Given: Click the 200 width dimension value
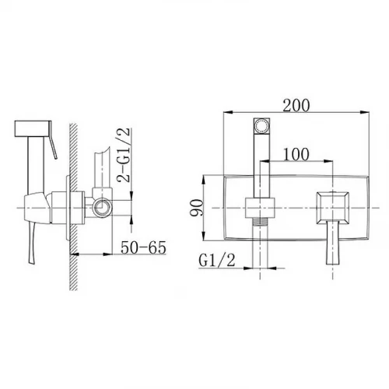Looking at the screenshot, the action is (296, 105).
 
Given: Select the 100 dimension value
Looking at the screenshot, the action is (296, 154).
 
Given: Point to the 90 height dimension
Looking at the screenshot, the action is (196, 208).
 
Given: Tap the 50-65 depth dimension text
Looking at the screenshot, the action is (143, 247).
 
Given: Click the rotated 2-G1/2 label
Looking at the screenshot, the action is (123, 155).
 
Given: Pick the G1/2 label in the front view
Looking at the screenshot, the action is (217, 260).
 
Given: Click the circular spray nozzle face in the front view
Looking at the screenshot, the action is (261, 126).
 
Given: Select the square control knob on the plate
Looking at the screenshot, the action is (332, 208).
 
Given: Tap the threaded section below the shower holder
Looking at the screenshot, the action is (260, 221).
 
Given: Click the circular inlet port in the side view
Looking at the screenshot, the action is (102, 208).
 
